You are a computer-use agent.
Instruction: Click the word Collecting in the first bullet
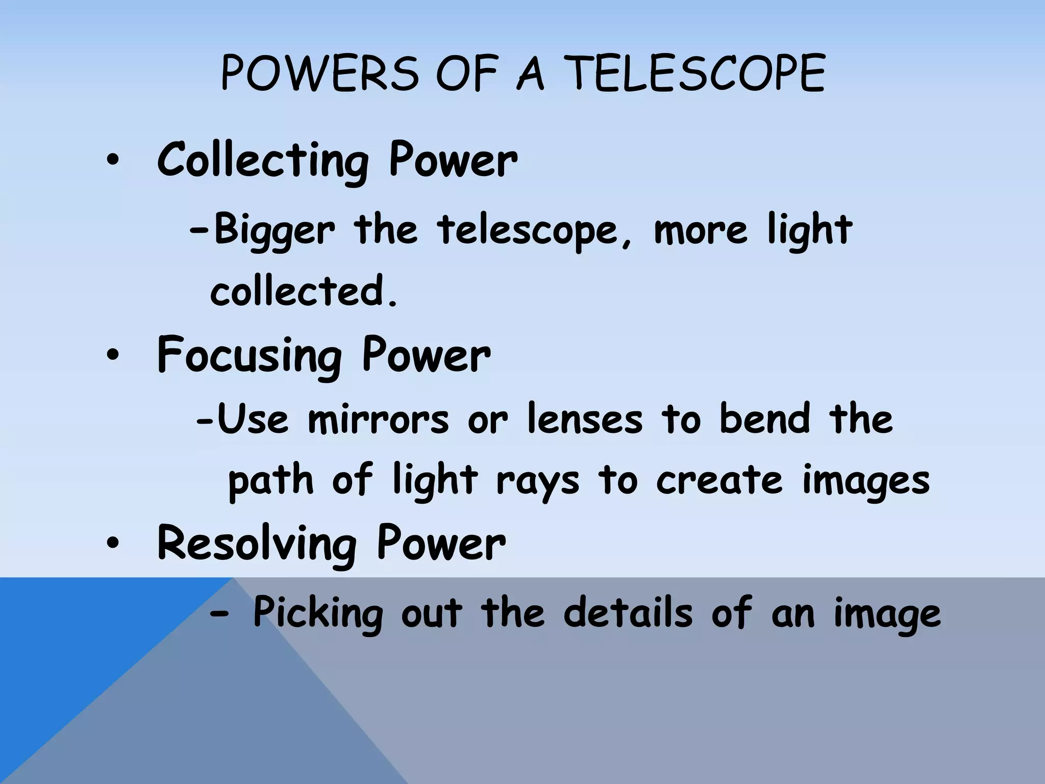pyautogui.click(x=263, y=161)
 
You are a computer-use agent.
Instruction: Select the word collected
pyautogui.click(x=303, y=291)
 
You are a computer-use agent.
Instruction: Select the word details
pyautogui.click(x=628, y=612)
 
